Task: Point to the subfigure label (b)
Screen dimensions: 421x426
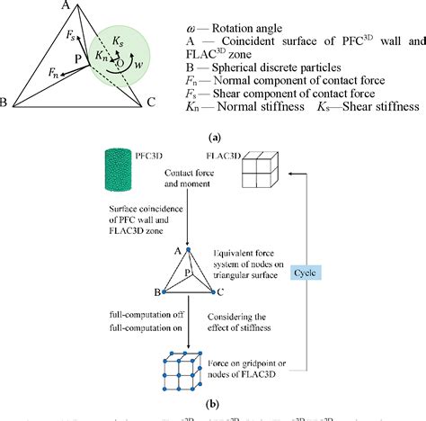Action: tap(213, 405)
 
